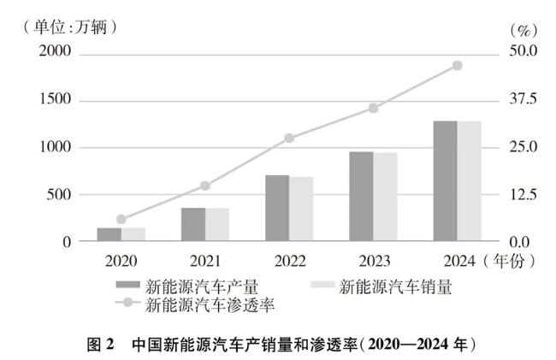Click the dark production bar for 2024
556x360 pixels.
click(445, 181)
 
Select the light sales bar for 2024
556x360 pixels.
click(469, 181)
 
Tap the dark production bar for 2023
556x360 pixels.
click(361, 197)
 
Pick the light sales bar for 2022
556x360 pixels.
click(301, 210)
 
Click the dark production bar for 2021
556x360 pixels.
click(193, 225)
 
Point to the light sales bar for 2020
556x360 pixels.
click(133, 235)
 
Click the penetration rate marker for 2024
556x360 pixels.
click(457, 66)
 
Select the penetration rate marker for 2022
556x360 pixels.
click(289, 138)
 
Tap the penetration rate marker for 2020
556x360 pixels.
click(121, 220)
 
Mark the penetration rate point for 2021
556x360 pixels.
click(205, 186)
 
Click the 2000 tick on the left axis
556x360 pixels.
click(53, 53)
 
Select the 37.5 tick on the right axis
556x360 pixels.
click(520, 100)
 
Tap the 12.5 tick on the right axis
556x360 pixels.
click(520, 195)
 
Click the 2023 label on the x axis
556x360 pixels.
click(373, 259)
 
